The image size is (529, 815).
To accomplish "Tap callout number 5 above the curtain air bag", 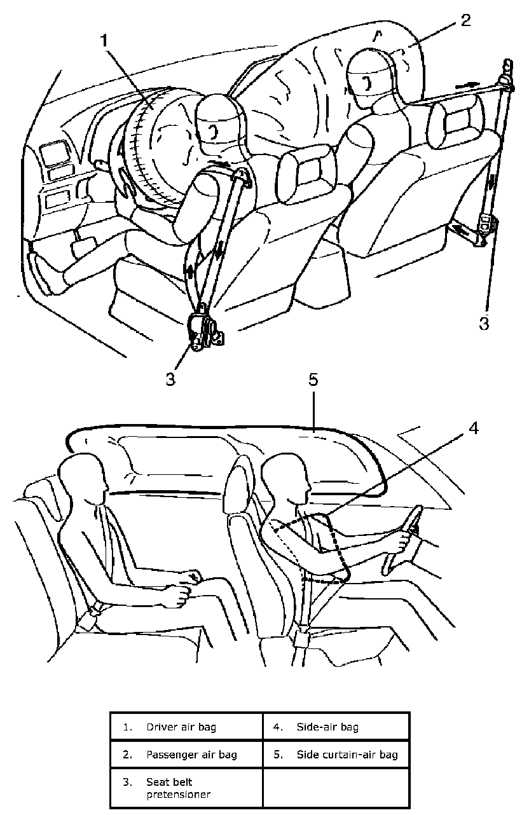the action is tap(313, 381).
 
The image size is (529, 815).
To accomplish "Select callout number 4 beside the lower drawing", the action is tap(473, 428).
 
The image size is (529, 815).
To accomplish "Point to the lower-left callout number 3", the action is tap(170, 379).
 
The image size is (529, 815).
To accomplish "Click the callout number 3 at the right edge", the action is tap(484, 323).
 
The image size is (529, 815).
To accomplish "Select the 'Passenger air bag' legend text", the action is tap(191, 755).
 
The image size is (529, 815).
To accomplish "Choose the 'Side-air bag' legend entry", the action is tap(327, 726).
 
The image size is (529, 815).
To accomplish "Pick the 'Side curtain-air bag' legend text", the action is tap(347, 755).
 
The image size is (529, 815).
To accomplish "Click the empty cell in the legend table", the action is tap(335, 788).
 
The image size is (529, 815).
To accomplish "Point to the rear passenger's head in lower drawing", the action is tap(81, 477).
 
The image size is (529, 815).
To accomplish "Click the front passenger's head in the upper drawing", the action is tap(369, 78).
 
